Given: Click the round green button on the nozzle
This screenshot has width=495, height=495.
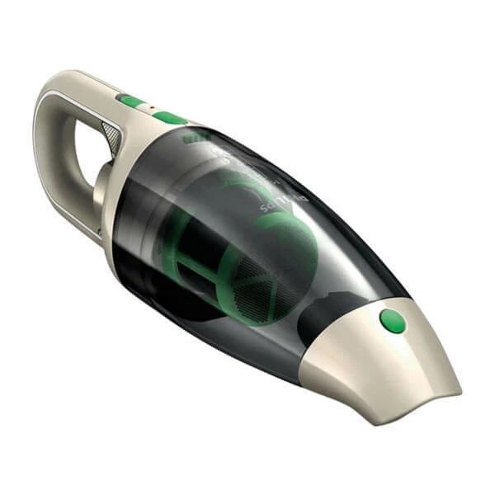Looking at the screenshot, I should tap(393, 321).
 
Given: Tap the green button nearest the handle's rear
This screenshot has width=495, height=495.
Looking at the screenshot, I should tap(130, 101).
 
